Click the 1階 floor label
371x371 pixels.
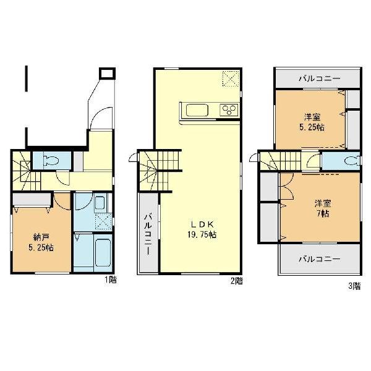111,280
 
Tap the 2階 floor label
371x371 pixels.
237,281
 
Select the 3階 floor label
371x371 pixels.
354,286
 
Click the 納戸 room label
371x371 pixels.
41,237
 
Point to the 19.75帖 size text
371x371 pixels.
202,234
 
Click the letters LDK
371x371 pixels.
202,224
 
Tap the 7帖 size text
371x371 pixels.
323,214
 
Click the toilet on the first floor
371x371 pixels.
51,160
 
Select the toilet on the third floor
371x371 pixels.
352,161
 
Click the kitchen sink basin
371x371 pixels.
197,110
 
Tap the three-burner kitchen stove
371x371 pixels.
229,110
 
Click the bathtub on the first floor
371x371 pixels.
103,252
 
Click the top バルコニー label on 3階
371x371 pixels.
319,79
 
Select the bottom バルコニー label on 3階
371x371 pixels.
319,259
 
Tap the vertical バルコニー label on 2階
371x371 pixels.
148,234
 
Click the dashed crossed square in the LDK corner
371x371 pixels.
231,79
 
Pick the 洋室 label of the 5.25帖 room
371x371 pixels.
312,117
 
